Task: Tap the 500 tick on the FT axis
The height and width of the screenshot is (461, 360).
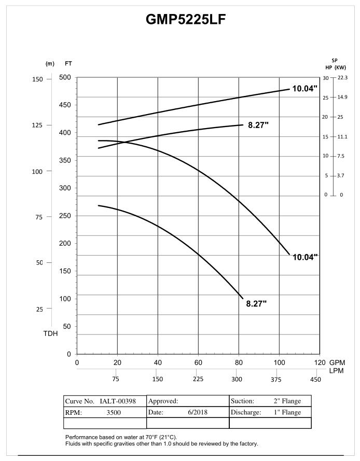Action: point(65,77)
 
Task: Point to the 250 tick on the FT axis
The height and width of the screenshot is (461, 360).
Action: point(65,216)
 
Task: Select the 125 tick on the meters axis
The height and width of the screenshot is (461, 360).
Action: point(38,125)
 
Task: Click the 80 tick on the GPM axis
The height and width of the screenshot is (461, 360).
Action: point(239,362)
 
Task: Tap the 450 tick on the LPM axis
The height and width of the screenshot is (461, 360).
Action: point(315,379)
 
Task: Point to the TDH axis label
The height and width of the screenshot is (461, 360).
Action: point(50,333)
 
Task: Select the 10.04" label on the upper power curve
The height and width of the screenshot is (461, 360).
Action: point(304,89)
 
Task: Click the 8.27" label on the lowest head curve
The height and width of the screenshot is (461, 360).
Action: point(256,303)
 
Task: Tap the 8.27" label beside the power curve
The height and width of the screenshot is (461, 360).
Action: point(258,125)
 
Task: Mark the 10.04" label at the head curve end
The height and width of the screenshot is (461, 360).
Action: point(305,257)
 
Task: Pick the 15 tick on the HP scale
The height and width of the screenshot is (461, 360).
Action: point(326,136)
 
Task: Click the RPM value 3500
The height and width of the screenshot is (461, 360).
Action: point(114,413)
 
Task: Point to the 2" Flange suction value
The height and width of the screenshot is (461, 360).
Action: point(287,401)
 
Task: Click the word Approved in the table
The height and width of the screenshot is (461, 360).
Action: point(163,401)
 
